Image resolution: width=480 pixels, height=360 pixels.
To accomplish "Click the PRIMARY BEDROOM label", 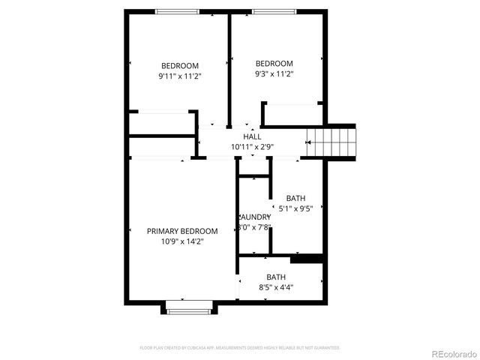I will point(182,231).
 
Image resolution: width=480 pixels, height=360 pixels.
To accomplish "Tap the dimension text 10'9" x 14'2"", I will point(182,241).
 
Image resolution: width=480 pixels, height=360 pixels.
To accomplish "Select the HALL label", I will point(252,136).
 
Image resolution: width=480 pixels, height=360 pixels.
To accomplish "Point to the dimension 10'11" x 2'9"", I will point(252,147).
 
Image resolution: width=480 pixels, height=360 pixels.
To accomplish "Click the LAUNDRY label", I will point(254,217).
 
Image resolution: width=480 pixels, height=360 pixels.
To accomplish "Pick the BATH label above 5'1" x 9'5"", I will point(295,199).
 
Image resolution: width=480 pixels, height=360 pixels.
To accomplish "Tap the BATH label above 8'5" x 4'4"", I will point(276,277).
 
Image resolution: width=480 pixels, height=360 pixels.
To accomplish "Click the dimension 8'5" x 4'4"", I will point(276,287).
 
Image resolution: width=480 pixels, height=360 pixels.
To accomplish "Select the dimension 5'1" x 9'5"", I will point(295,209).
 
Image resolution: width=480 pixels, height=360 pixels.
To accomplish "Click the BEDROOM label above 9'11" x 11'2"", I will point(180,65).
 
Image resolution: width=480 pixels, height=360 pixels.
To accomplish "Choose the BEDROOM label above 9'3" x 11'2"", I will point(274,64).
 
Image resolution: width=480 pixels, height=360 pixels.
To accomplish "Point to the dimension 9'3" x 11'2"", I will point(274,74).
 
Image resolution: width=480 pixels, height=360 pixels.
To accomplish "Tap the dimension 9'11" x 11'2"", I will point(180,76).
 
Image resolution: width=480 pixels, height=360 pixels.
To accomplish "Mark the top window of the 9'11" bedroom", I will point(178,12).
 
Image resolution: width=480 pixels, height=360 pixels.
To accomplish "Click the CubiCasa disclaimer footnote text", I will point(240,348).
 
